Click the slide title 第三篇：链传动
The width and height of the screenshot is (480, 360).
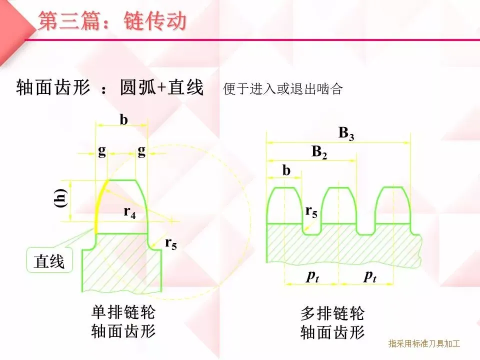[112, 21]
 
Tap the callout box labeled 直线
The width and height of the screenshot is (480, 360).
[49, 261]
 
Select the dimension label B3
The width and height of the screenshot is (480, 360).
[346, 133]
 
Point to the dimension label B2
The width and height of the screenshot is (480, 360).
[319, 152]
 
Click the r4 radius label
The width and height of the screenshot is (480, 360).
[129, 212]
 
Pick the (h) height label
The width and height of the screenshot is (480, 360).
[61, 198]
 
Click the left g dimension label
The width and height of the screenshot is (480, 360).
[102, 151]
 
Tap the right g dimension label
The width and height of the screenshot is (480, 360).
[141, 151]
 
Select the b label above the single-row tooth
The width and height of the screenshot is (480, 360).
[123, 120]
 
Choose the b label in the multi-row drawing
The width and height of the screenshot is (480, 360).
[286, 170]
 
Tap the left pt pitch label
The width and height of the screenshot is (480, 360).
[312, 276]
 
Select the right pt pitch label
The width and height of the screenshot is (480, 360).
[369, 276]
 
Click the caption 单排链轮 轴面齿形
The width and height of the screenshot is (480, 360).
[123, 322]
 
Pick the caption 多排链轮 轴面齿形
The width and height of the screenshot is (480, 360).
[332, 323]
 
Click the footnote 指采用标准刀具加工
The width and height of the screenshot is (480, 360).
[423, 343]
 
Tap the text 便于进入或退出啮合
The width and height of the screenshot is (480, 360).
[283, 89]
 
